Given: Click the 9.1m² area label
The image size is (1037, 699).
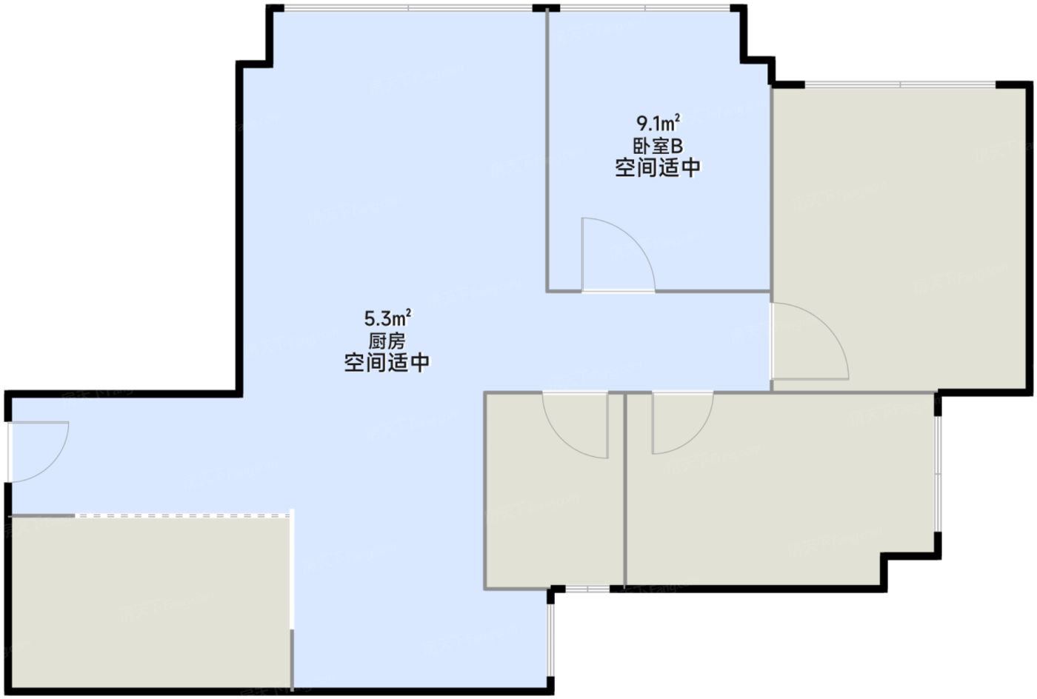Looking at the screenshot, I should tap(658, 121).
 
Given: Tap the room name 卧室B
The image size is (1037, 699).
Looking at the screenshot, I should tap(658, 145).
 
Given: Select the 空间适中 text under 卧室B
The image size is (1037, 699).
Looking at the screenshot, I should tap(658, 168).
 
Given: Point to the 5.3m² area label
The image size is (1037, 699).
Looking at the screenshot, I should tap(387, 318).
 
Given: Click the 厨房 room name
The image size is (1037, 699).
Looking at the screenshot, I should tap(387, 341).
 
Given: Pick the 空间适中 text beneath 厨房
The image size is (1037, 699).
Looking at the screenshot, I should tap(387, 364).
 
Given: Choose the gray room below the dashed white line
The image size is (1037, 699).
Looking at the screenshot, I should tap(148, 600).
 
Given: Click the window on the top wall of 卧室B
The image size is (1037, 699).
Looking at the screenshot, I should tap(644, 9).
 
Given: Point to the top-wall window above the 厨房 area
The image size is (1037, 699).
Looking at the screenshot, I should tap(407, 9).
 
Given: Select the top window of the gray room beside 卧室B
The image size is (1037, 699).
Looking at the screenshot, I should tap(900, 85).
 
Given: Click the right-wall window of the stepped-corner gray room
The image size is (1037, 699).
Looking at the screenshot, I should tap(938, 474).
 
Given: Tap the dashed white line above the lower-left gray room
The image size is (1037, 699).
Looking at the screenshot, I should tap(181, 515).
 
